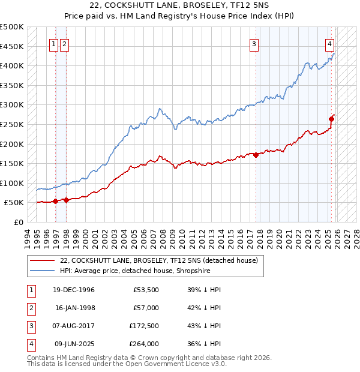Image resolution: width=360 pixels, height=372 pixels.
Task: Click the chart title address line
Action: [x=179, y=6]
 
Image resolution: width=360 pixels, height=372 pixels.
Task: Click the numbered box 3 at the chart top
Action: [x=254, y=43]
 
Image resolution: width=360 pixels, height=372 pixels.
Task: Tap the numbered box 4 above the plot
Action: [x=330, y=43]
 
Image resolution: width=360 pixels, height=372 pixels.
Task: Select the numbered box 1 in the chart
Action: [x=54, y=43]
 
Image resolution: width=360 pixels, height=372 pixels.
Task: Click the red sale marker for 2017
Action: [x=256, y=155]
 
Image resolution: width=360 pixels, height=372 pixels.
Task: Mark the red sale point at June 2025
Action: [x=331, y=119]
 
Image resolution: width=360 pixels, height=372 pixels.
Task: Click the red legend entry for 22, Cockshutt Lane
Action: [x=158, y=260]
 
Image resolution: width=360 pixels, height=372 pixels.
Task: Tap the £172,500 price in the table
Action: [x=143, y=326]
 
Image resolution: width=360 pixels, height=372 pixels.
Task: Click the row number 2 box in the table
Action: [x=31, y=308]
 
